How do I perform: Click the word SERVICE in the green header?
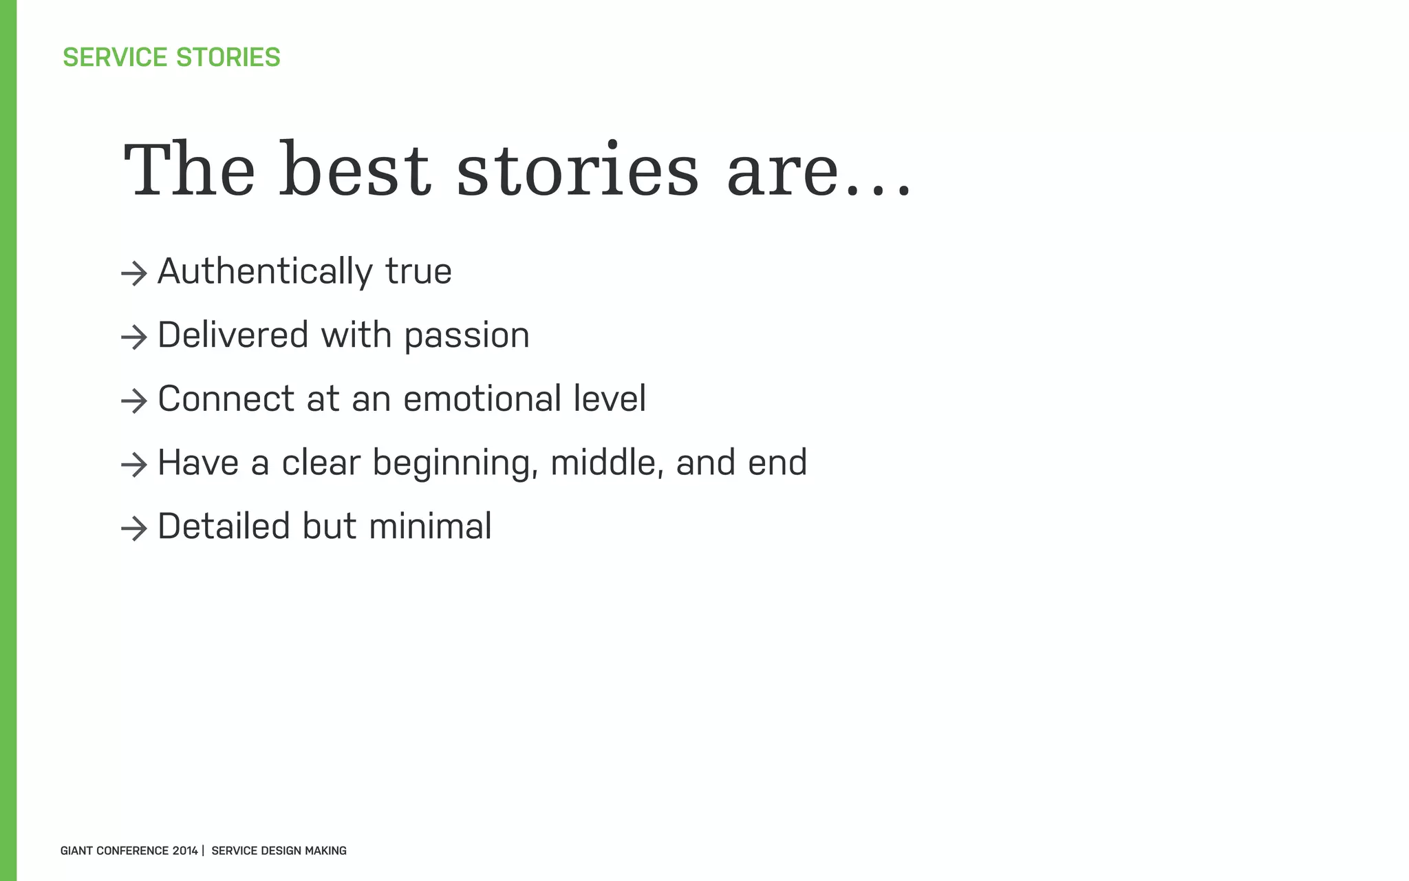pyautogui.click(x=114, y=57)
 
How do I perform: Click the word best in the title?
pyautogui.click(x=355, y=171)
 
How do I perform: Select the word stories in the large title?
pyautogui.click(x=577, y=171)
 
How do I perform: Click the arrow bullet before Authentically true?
pyautogui.click(x=134, y=274)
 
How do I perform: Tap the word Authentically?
pyautogui.click(x=265, y=271)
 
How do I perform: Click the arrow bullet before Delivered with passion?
pyautogui.click(x=134, y=337)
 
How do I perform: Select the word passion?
pyautogui.click(x=466, y=336)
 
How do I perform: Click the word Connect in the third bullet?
pyautogui.click(x=226, y=399)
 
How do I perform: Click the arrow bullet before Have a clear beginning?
pyautogui.click(x=134, y=465)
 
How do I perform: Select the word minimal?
pyautogui.click(x=430, y=527)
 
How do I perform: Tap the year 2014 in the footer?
pyautogui.click(x=185, y=851)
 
